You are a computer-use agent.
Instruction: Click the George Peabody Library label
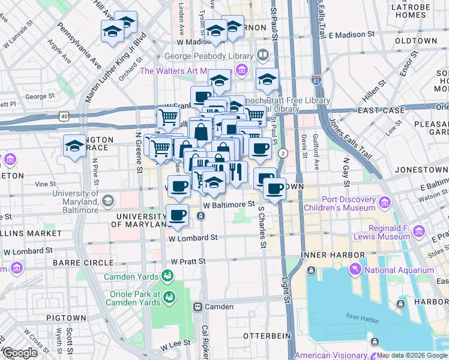coord(209,56)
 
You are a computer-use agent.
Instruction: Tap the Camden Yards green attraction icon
coord(169,276)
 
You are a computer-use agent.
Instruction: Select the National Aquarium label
coord(399,270)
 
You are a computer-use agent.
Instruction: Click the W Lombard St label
coord(193,238)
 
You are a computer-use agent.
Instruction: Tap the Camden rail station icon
coord(197,307)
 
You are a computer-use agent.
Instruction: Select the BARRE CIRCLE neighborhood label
coord(83,263)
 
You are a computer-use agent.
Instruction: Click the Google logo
coord(19,353)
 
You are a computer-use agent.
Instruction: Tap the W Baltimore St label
coord(225,205)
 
